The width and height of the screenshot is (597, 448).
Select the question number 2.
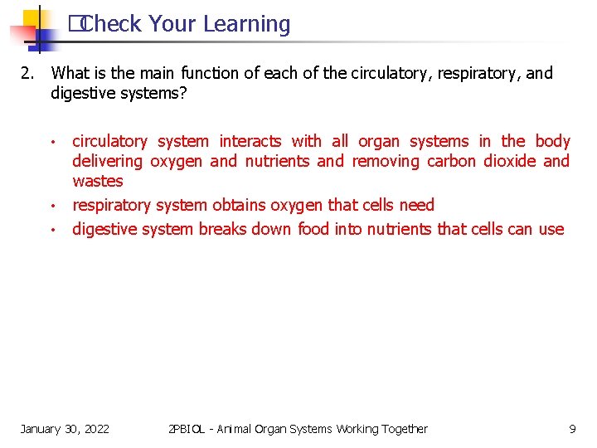coord(27,73)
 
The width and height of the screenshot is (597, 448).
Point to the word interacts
coord(250,141)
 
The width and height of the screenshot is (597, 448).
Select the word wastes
coord(97,181)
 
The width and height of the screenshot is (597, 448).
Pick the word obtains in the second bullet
coord(241,205)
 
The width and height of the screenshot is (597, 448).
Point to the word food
coord(313,229)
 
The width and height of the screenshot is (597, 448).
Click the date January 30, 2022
coord(65,429)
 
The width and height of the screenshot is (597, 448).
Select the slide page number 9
coord(572,429)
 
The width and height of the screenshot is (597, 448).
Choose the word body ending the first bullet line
coord(552,141)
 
